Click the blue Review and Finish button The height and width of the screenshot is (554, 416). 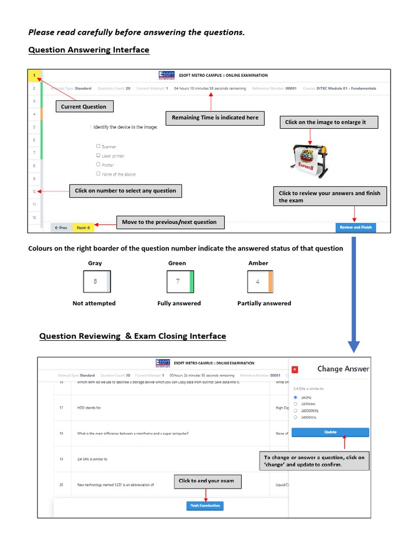(355, 227)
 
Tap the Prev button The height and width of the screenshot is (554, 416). (61, 228)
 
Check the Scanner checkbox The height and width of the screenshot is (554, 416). (98, 146)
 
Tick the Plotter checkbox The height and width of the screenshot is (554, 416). (98, 164)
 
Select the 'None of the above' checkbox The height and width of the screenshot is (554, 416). (98, 174)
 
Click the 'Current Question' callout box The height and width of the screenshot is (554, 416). (83, 107)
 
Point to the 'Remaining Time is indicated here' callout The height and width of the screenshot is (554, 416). (215, 117)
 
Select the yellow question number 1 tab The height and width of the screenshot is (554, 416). (34, 75)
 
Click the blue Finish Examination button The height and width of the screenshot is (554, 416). (205, 505)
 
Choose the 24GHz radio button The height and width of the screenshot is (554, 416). (295, 397)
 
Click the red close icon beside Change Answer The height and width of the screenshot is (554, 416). (295, 370)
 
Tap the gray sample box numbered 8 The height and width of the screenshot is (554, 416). (96, 282)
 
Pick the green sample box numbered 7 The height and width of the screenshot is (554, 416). (180, 282)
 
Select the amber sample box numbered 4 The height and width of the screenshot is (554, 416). (259, 282)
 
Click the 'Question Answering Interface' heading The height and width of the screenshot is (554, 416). (88, 50)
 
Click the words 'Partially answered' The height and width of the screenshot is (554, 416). (264, 303)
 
